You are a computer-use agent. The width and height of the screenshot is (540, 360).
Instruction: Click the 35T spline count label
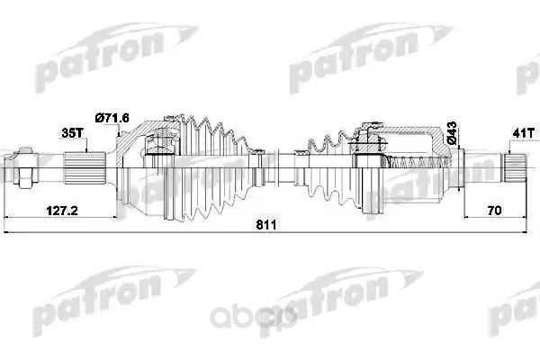[72, 133]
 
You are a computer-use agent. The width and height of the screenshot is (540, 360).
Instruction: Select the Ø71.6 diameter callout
[112, 118]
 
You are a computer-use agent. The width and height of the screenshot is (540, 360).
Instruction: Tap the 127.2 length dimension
[62, 211]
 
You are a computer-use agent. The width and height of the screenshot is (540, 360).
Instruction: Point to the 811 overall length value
[266, 225]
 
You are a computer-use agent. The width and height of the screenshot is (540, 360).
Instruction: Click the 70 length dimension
[494, 211]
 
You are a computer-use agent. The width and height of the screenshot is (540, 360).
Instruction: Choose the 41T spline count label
[524, 133]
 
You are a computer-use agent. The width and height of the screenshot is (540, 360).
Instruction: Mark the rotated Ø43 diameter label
[452, 133]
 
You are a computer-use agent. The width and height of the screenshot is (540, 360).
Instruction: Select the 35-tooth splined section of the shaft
[85, 167]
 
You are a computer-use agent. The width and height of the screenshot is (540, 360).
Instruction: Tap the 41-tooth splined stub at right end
[515, 167]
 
